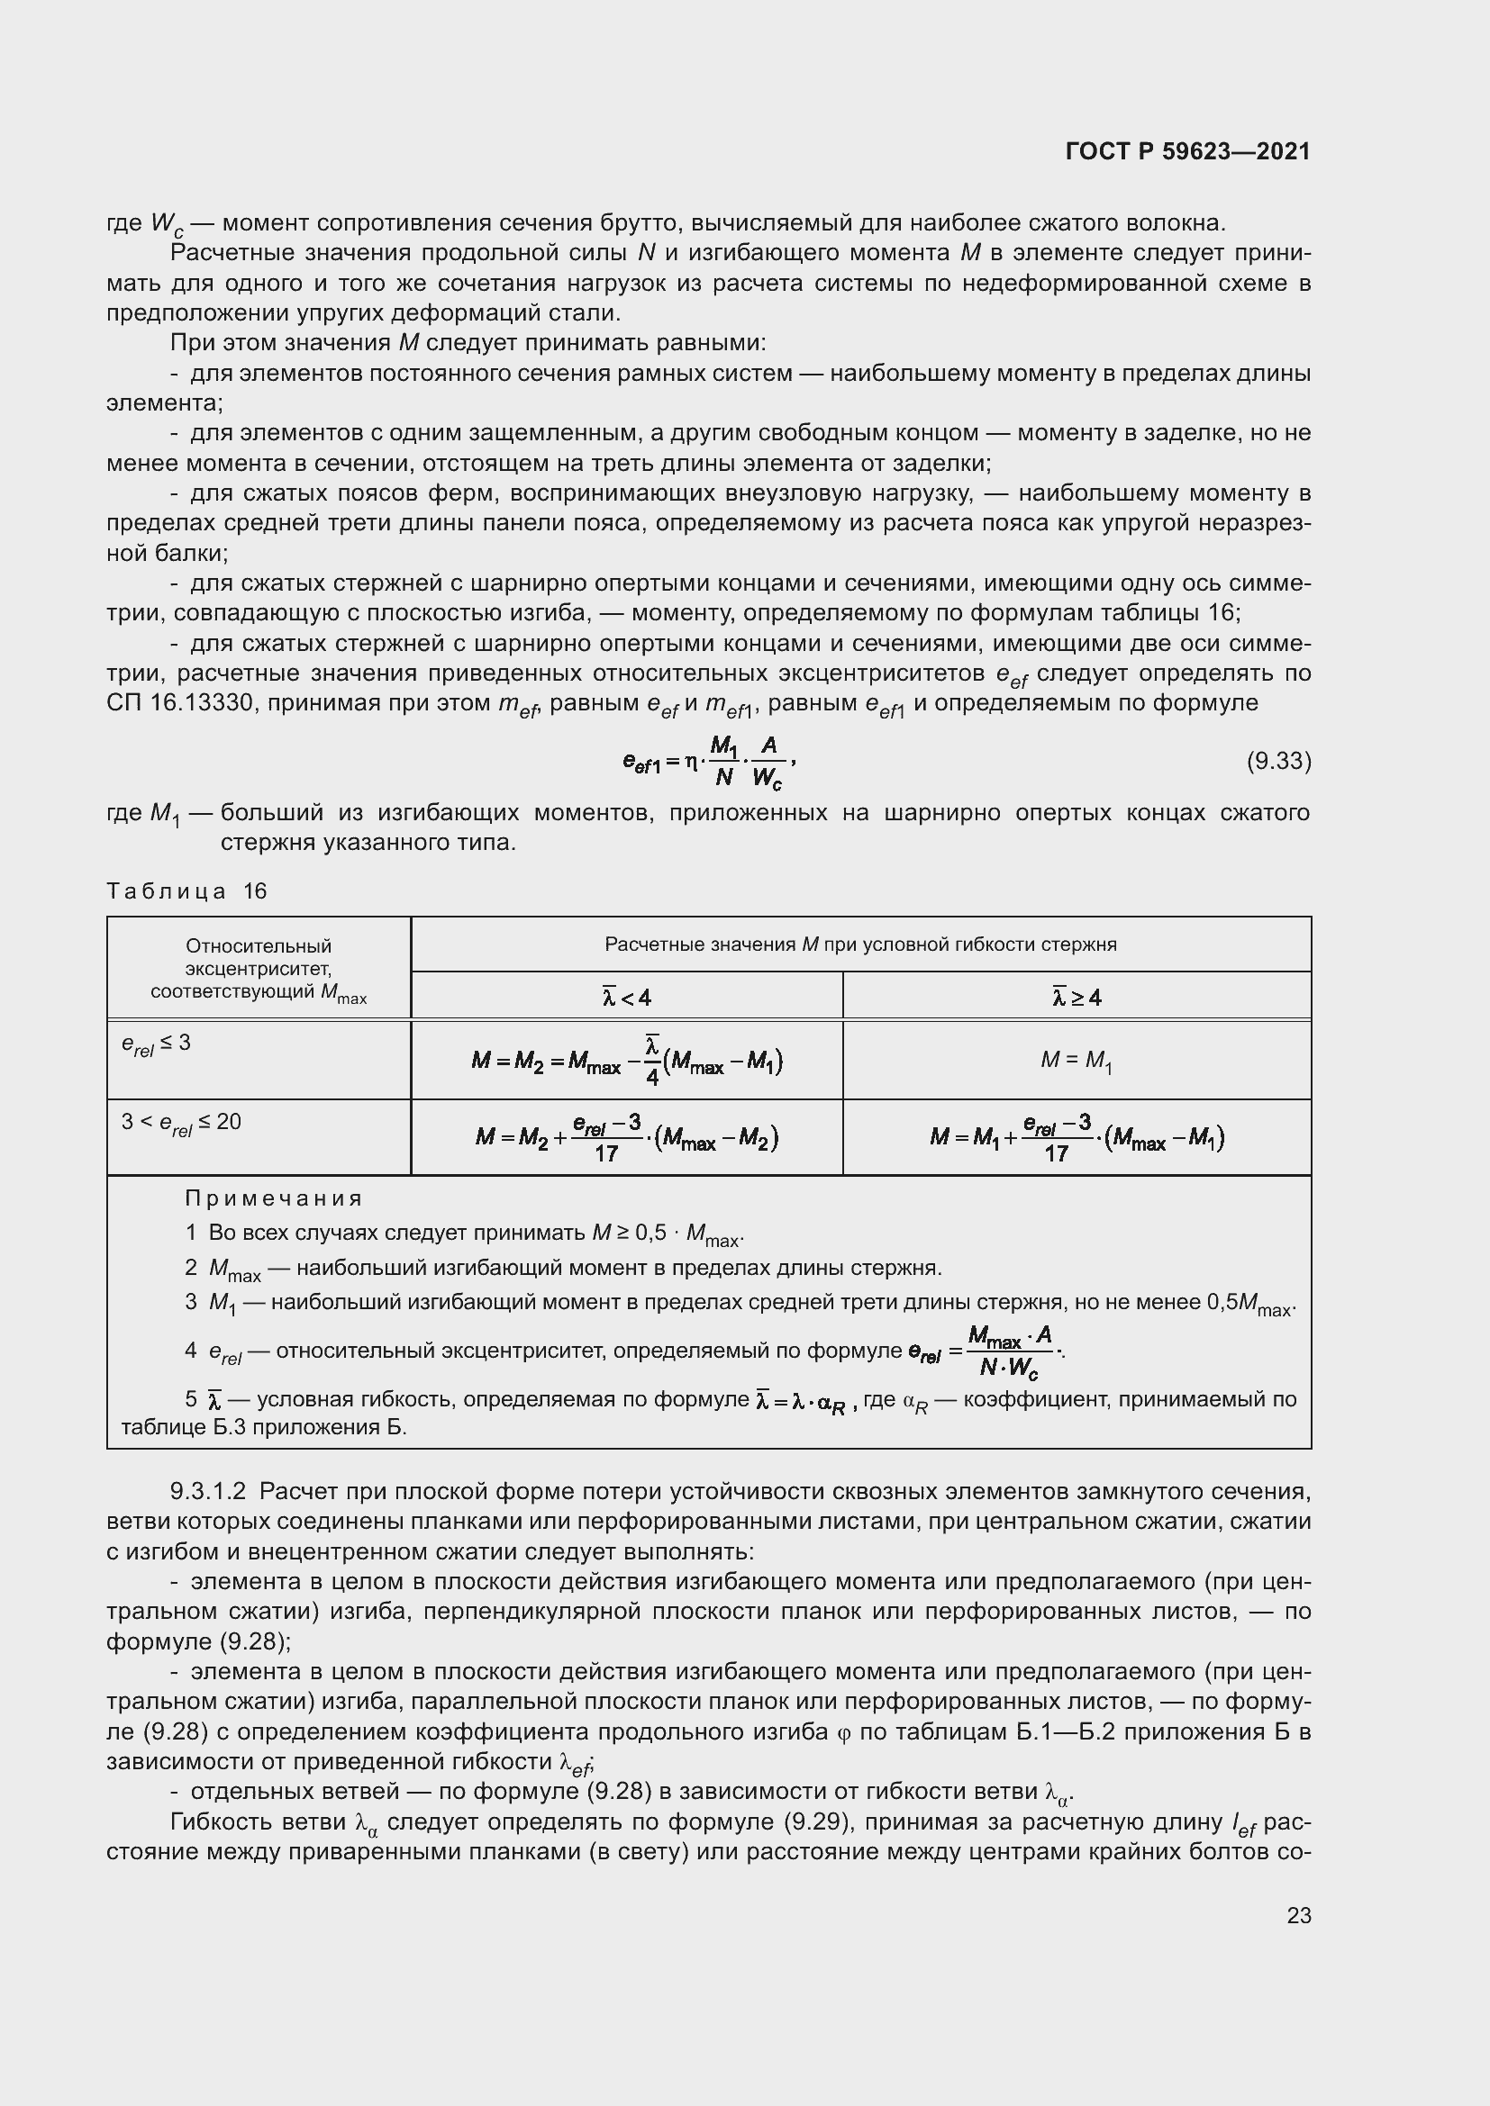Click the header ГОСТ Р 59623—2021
[1187, 151]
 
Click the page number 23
[1298, 1915]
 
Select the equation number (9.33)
[1278, 762]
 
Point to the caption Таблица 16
[186, 891]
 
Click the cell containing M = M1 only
[1076, 1062]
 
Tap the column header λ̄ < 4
[626, 997]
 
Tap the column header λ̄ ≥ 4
[1077, 997]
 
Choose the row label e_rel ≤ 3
[156, 1044]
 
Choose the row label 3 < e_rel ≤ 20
[181, 1124]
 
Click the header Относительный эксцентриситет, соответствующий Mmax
[258, 969]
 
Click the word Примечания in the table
[274, 1198]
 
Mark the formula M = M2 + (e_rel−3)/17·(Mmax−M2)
[626, 1138]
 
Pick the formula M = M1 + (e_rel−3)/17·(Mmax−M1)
[1077, 1138]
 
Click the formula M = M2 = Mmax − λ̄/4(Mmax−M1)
[626, 1062]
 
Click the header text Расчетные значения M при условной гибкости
[859, 945]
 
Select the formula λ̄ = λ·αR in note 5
[805, 1402]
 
